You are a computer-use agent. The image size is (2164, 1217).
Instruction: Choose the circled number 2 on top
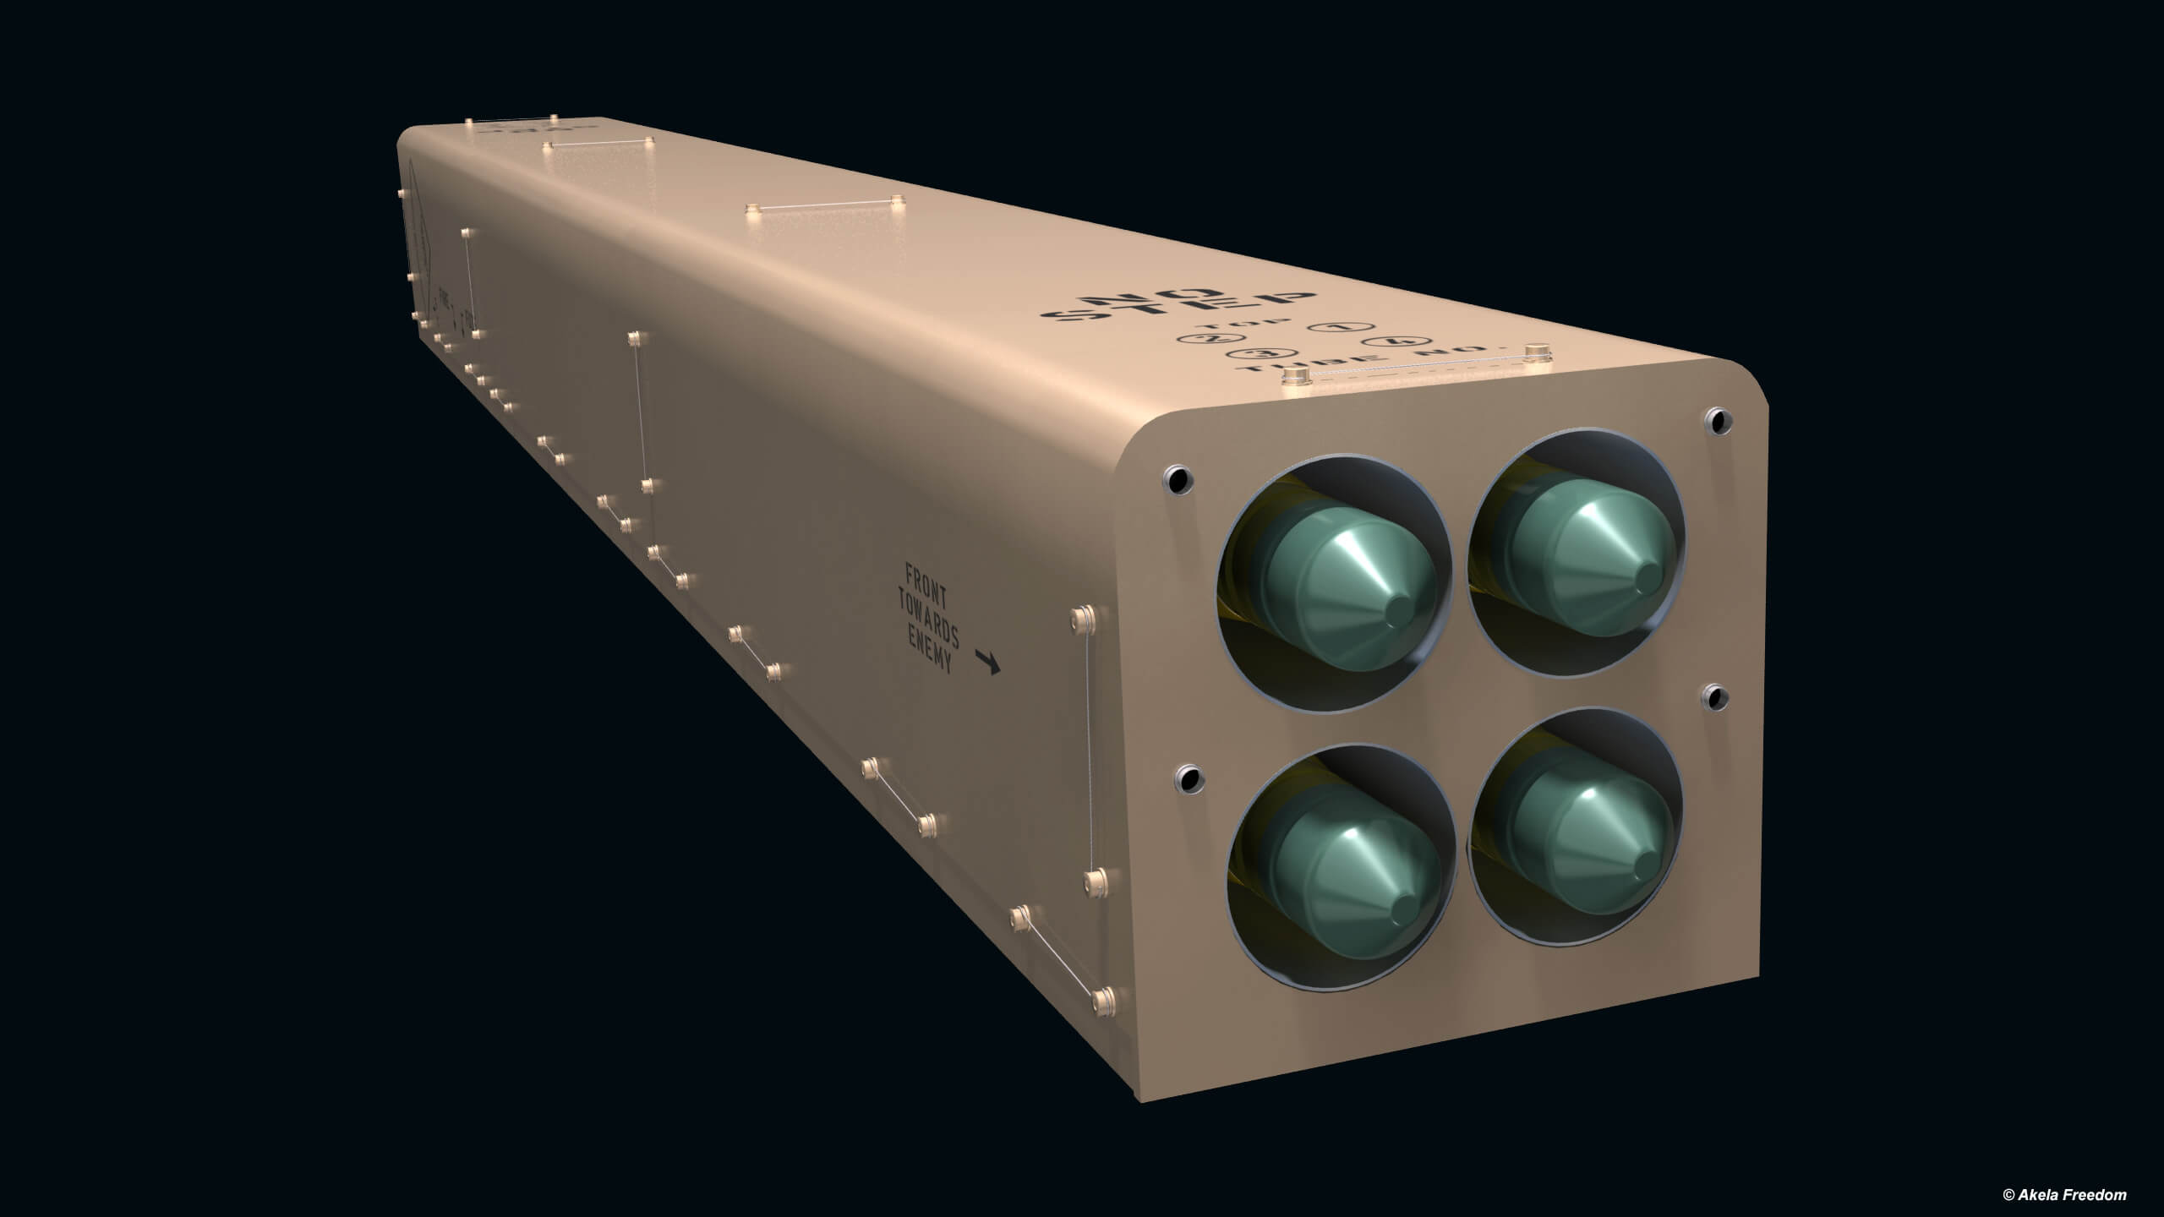click(1202, 337)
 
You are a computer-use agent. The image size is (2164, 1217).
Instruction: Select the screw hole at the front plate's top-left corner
click(1177, 479)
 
